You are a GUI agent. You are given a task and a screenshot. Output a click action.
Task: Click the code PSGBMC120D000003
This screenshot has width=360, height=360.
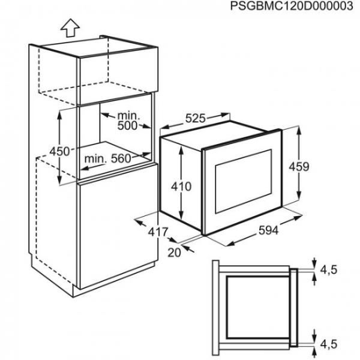click(292, 6)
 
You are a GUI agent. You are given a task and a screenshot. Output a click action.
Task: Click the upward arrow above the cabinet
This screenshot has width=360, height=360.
click(70, 28)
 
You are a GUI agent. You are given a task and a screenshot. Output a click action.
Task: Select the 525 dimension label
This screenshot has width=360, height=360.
click(195, 119)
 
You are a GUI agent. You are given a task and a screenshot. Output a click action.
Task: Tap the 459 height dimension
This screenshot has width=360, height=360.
click(299, 167)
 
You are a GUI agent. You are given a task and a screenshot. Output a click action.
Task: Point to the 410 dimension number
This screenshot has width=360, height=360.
click(181, 187)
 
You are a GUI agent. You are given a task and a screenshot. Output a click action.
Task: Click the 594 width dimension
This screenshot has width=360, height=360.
click(268, 230)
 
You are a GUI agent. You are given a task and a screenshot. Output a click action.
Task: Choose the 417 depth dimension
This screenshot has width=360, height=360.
click(158, 232)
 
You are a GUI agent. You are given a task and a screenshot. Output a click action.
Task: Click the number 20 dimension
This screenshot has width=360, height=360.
click(175, 253)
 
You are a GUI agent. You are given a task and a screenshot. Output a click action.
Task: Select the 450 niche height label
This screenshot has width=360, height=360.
click(59, 152)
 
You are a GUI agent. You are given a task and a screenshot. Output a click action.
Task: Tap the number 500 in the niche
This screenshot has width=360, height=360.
click(127, 125)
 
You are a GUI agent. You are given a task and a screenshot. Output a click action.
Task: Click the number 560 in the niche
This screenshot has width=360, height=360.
click(121, 158)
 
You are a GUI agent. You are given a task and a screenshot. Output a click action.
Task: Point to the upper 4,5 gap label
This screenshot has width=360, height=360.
click(329, 269)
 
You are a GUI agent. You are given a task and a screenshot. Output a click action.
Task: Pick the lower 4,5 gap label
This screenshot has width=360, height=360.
click(329, 344)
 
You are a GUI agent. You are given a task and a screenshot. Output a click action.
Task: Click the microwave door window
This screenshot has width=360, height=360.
click(244, 181)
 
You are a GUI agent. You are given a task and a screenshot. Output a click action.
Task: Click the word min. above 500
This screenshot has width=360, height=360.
click(129, 115)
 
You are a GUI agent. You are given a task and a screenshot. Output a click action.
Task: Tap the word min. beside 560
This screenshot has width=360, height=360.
click(96, 158)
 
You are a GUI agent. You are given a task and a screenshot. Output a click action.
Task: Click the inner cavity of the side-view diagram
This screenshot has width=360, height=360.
click(258, 308)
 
